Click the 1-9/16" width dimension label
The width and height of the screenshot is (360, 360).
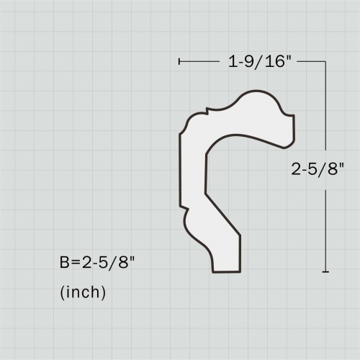tap(260, 63)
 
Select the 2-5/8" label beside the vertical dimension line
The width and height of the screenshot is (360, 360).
tap(318, 170)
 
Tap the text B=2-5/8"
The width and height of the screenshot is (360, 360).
tap(97, 263)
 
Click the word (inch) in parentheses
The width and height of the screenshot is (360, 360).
tap(83, 293)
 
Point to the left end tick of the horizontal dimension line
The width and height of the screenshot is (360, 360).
tap(179, 63)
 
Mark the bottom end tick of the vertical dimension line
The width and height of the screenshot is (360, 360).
tap(326, 271)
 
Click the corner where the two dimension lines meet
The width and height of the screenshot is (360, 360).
tap(326, 63)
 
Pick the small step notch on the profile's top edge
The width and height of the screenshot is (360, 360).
tap(207, 111)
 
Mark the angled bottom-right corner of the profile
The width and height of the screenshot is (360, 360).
tap(239, 234)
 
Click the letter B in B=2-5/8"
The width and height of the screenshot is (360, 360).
tap(64, 263)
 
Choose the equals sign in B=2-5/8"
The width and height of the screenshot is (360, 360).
tap(74, 263)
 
